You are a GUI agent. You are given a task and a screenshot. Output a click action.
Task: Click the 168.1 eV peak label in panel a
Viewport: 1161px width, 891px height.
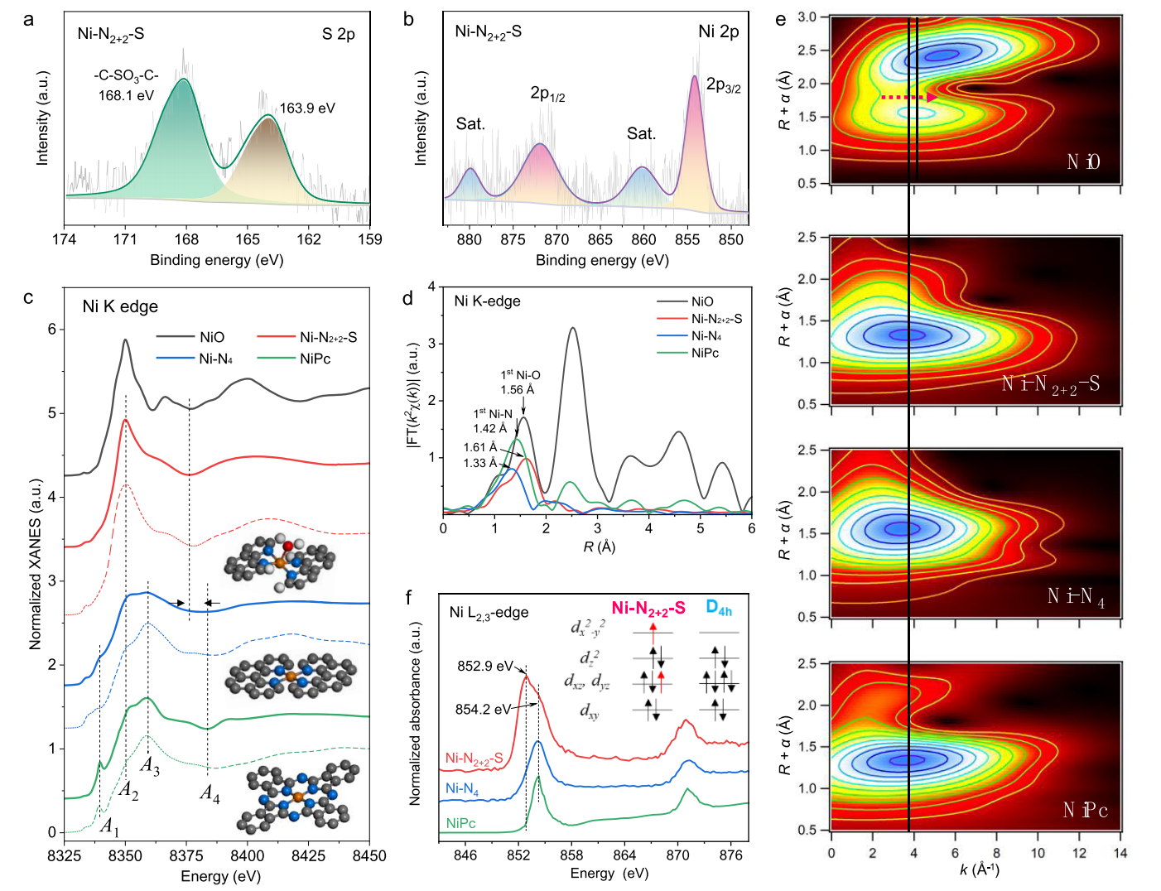pos(126,95)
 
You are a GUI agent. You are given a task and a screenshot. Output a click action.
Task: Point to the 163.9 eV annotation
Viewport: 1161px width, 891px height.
pos(307,108)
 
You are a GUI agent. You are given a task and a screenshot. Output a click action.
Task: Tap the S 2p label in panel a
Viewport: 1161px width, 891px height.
pos(338,34)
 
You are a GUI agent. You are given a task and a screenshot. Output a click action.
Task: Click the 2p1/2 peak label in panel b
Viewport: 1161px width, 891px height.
pos(547,94)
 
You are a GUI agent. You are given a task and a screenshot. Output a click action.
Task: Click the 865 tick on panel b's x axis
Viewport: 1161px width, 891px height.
pos(600,240)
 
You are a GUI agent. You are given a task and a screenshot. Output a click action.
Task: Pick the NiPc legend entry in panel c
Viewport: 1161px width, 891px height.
pos(315,359)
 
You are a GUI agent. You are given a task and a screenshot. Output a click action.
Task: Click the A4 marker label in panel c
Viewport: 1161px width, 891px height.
pos(210,793)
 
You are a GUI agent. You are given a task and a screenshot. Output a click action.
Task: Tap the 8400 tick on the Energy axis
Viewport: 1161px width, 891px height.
pos(247,855)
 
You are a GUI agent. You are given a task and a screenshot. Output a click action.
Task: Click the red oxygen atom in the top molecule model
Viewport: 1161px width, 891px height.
pos(287,547)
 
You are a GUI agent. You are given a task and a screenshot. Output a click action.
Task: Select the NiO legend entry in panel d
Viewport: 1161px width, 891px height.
pos(702,301)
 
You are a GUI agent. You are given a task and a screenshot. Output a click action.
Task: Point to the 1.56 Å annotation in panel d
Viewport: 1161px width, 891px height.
pos(517,390)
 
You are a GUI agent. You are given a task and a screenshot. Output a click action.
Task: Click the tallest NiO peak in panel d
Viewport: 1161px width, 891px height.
pos(572,329)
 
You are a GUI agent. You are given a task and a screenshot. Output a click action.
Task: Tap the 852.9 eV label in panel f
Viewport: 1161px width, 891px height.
pos(485,666)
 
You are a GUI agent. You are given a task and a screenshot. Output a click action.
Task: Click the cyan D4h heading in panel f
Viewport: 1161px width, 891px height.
pos(718,608)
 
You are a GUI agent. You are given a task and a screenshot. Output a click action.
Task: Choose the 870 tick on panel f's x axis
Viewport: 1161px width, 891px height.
pos(677,855)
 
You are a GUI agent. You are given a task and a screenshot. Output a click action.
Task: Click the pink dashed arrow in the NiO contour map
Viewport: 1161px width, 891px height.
pos(908,97)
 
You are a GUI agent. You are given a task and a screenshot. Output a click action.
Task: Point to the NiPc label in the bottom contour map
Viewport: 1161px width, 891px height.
pos(1085,810)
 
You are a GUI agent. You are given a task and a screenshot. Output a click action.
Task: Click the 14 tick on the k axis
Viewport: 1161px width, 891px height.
pos(1120,853)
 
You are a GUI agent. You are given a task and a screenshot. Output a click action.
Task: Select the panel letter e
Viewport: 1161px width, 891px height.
pos(781,18)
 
